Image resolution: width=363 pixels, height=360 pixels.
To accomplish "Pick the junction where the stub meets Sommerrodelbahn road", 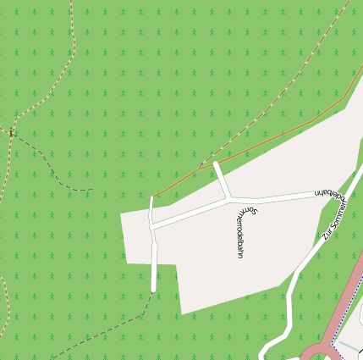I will click(228, 199).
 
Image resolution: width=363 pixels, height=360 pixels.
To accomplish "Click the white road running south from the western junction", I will click(154, 258).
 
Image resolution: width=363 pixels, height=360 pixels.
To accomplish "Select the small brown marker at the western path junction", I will click(11, 131).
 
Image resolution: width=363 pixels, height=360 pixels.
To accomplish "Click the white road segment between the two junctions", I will click(190, 213).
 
